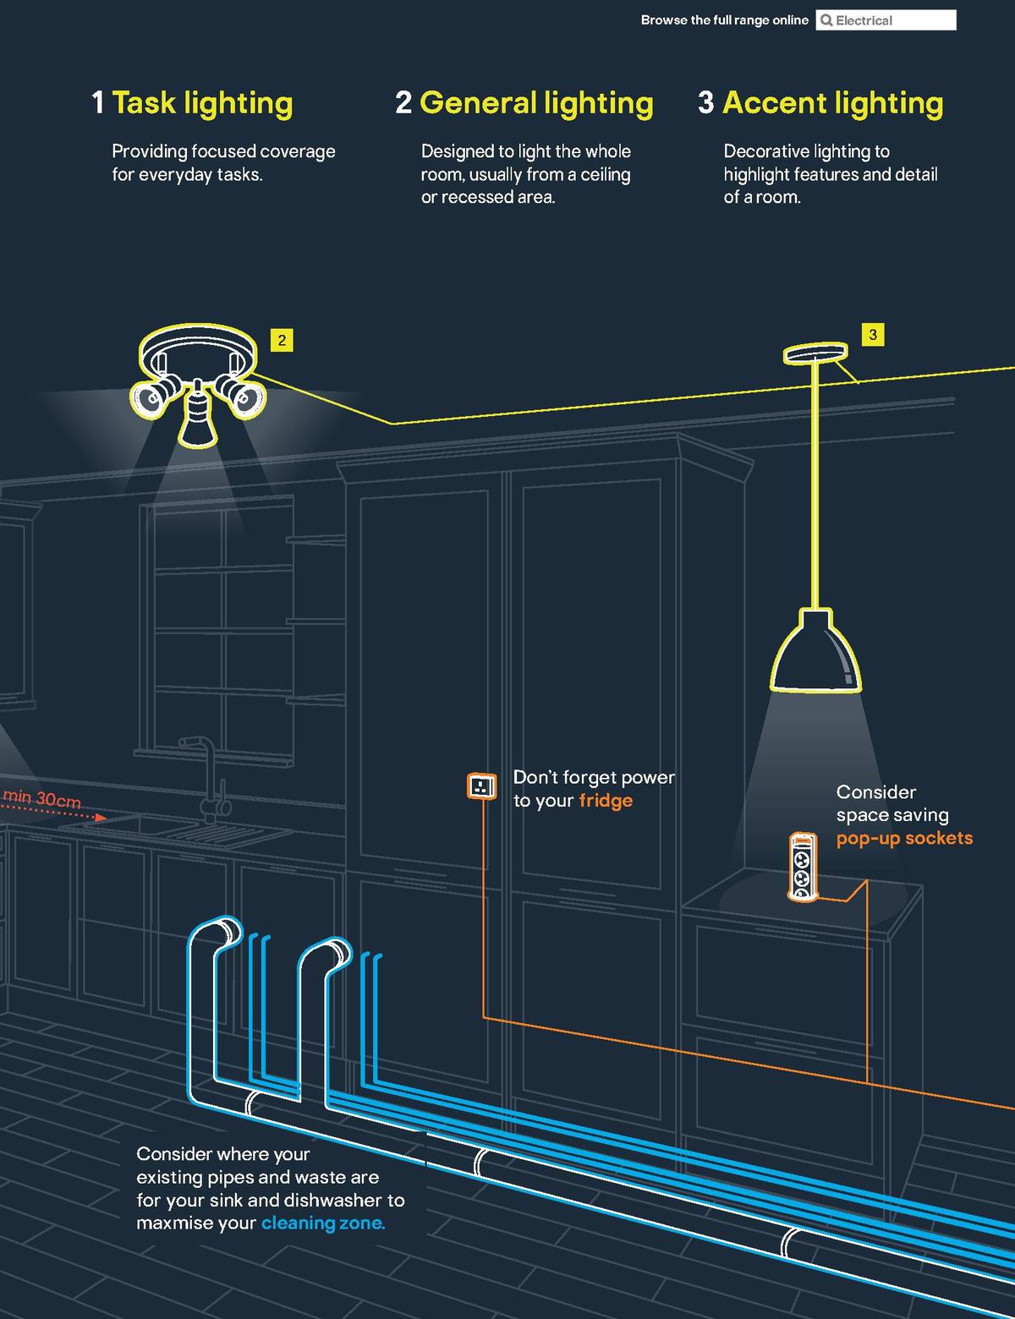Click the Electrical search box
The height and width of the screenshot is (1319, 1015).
coord(886,20)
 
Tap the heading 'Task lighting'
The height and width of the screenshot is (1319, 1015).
coord(202,103)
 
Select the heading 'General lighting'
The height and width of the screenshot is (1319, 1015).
coord(536,103)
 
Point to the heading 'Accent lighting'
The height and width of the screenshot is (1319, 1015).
coord(832,103)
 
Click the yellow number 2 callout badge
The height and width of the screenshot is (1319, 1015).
coord(282,341)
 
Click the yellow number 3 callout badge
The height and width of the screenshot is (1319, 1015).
coord(873,335)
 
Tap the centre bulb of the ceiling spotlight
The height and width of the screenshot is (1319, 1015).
coord(195,418)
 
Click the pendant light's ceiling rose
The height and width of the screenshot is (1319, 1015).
coord(815,353)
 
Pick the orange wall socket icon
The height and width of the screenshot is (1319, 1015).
coord(481,786)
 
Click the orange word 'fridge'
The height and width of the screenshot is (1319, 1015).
coord(606,801)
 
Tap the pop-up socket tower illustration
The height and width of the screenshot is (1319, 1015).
coord(800,867)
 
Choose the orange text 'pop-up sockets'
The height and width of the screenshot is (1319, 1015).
coord(904,839)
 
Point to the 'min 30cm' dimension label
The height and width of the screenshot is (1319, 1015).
coord(42,798)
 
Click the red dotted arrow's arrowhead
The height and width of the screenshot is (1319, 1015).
coord(101,818)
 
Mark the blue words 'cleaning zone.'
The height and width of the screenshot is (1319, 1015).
coord(323,1223)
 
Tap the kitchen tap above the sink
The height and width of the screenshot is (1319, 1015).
coord(206,774)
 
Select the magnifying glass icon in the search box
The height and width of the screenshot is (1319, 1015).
coord(827,20)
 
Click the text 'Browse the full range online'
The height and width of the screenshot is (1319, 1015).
coord(724,20)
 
